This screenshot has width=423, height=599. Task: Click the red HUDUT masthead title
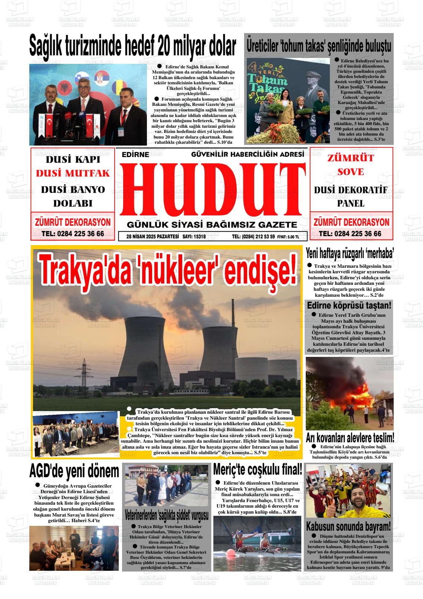tap(211, 190)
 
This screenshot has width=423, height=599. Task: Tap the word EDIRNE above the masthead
tap(135, 154)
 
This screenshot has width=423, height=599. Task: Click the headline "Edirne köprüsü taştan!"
tap(349, 306)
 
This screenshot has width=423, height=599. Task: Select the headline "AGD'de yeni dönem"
tap(74, 472)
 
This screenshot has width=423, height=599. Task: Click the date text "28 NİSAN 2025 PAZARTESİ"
tap(153, 236)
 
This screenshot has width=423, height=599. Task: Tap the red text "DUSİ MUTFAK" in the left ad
tap(73, 173)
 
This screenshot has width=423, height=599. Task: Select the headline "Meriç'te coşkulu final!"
tap(258, 469)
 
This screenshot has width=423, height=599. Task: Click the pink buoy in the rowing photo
tap(231, 553)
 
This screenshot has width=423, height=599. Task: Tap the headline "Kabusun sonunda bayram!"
tap(348, 526)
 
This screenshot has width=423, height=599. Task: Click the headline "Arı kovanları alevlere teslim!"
tap(350, 437)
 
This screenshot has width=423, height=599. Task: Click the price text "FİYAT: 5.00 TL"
tap(288, 237)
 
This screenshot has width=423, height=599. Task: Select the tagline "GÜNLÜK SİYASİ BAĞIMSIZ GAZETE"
tap(212, 225)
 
